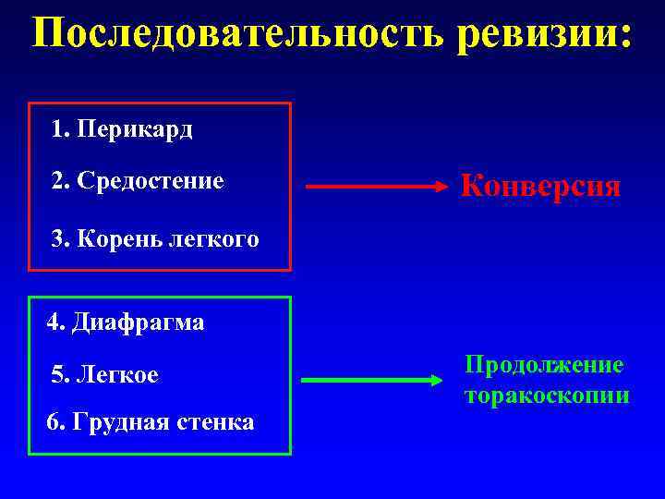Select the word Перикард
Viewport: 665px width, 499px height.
tap(135, 129)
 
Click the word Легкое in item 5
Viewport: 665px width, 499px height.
tap(118, 375)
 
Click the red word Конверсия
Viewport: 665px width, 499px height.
tap(540, 187)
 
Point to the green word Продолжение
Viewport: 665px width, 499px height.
tap(544, 365)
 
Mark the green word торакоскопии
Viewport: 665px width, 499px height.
tap(547, 396)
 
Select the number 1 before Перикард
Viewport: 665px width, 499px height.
tap(59, 129)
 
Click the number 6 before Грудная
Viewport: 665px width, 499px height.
tap(53, 424)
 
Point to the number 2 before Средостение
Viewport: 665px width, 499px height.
tap(59, 181)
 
